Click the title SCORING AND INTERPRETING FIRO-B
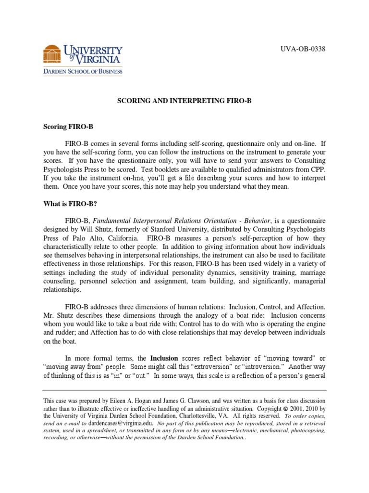point(184,103)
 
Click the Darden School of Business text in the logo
point(83,72)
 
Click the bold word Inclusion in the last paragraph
point(164,358)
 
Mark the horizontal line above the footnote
point(184,390)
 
